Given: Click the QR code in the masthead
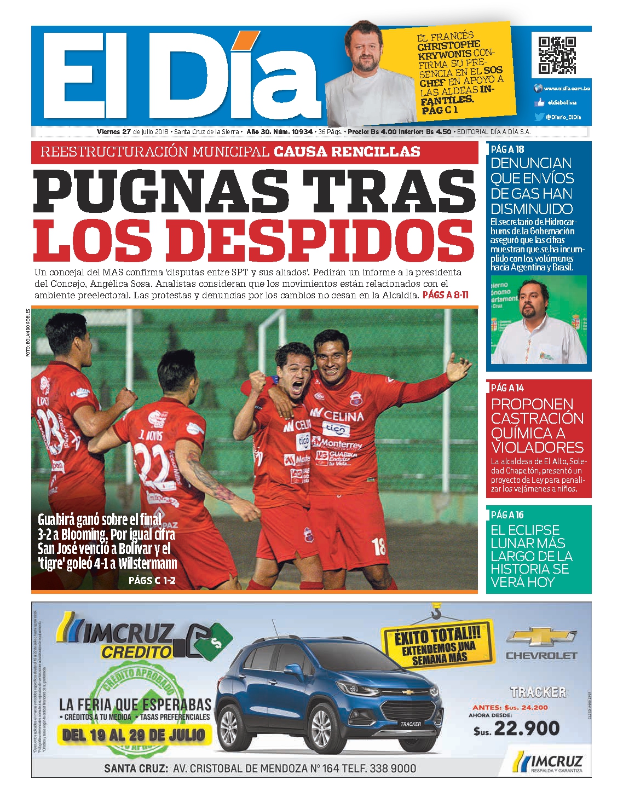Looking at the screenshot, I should (557, 55).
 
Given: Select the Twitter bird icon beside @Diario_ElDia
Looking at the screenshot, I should (539, 117).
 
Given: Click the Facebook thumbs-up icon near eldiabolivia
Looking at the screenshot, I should (539, 102).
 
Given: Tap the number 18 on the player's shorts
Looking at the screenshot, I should (379, 546).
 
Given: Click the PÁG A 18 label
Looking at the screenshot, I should (507, 149).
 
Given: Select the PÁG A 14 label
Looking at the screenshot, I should (507, 388).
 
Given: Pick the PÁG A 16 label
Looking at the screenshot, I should (507, 515).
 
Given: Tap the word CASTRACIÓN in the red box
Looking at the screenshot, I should (537, 419).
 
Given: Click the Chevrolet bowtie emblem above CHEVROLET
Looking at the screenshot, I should (541, 637).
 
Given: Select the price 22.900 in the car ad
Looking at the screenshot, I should (526, 728).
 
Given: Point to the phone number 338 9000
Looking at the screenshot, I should (393, 769).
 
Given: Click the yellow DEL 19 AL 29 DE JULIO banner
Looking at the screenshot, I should (134, 735).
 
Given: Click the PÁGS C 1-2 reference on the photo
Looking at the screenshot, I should (152, 580).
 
